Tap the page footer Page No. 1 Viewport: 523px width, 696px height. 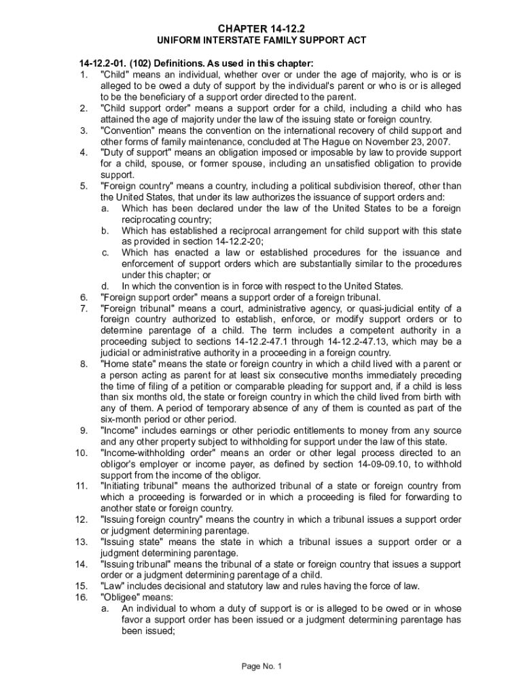[261, 666]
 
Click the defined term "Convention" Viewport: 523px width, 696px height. [127, 130]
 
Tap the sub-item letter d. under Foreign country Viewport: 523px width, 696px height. [105, 285]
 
